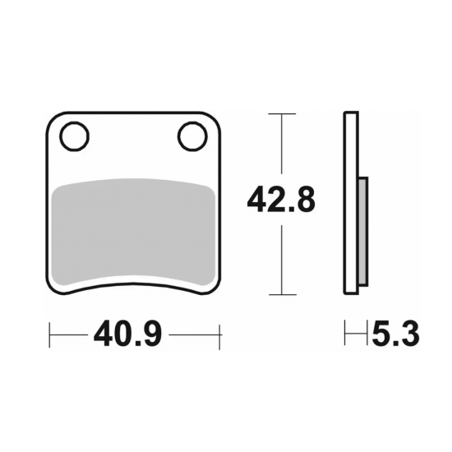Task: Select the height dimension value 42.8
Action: pos(281,200)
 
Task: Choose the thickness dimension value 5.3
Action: pos(396,334)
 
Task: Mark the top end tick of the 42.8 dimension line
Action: pos(282,113)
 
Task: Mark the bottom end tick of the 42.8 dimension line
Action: pos(282,294)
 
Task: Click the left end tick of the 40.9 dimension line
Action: pos(51,334)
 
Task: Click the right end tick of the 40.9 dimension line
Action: pos(220,334)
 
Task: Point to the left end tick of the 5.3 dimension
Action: pos(346,334)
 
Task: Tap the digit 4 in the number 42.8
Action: pos(257,200)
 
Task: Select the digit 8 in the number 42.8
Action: pos(304,200)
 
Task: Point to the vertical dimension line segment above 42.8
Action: pos(282,148)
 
